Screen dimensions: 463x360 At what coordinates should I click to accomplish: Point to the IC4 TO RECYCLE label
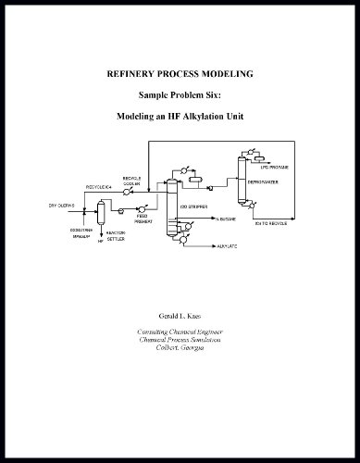click(x=276, y=224)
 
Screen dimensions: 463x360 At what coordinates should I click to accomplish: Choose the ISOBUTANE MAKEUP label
click(x=81, y=232)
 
